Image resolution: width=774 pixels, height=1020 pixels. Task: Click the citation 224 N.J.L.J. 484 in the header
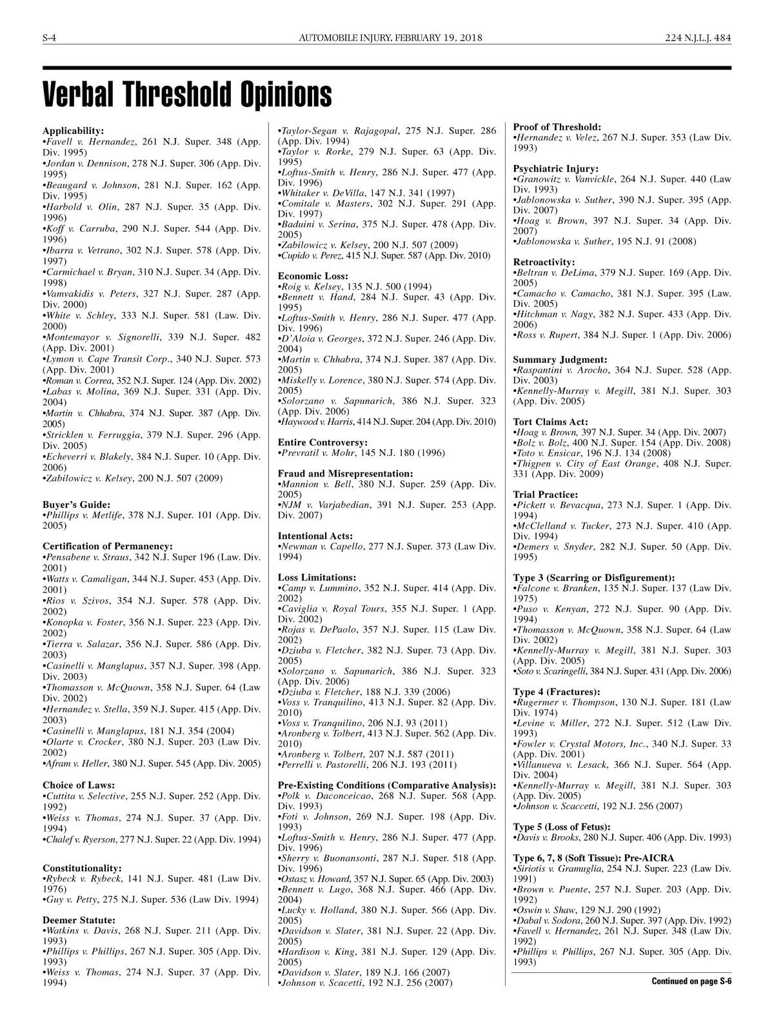click(698, 38)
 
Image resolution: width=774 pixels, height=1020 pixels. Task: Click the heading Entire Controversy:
click(322, 442)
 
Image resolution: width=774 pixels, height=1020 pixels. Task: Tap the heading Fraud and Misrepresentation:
click(345, 473)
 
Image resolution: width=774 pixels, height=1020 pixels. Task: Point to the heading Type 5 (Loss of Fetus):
click(561, 827)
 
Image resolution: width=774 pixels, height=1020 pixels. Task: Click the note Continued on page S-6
click(691, 981)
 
